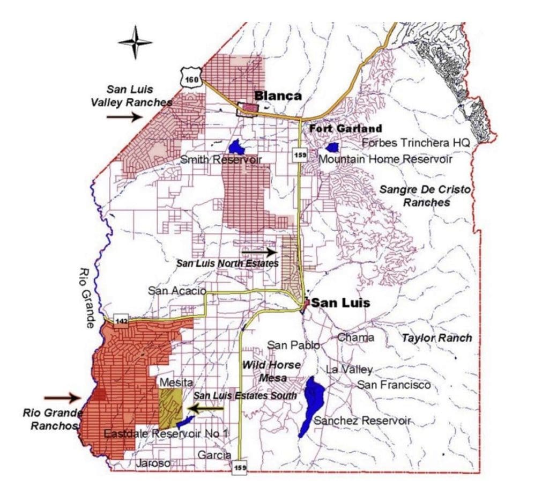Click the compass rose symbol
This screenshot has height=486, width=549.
[135, 43]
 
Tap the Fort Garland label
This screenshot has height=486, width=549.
[345, 129]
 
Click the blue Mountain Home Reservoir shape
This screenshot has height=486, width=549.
[332, 146]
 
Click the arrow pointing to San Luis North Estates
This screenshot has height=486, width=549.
[258, 251]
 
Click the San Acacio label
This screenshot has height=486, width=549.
[177, 290]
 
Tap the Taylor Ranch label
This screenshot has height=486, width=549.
[437, 338]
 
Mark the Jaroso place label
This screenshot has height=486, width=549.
[153, 463]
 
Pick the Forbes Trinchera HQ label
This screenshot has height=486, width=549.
[416, 143]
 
